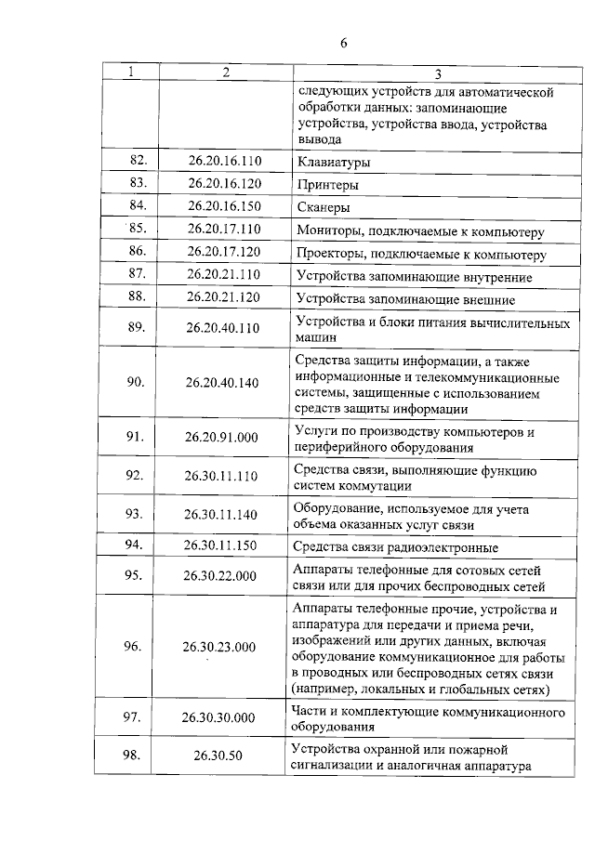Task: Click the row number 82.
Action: click(139, 161)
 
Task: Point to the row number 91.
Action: click(135, 438)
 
